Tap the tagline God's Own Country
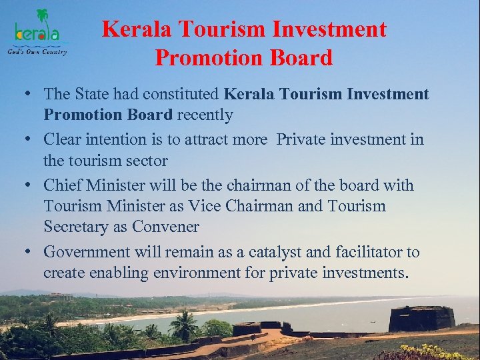pos(37,52)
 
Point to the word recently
pos(204,115)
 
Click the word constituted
pos(183,94)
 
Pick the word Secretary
pos(76,227)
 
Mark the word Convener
pos(165,227)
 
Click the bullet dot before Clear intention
pos(31,140)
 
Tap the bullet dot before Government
pos(31,253)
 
